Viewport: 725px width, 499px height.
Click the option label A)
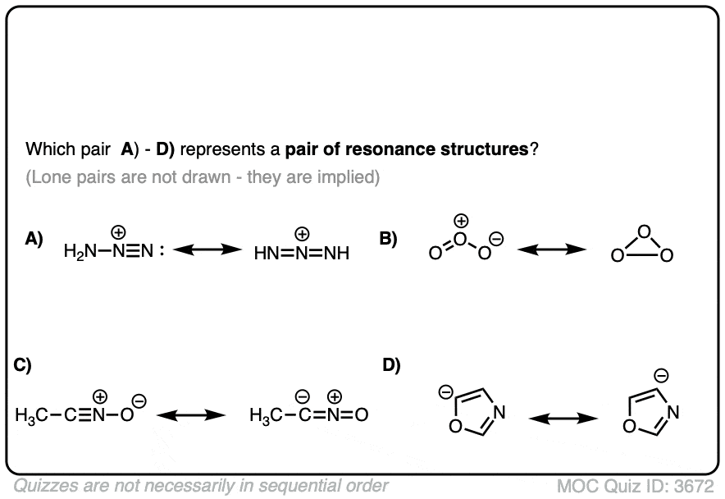[34, 239]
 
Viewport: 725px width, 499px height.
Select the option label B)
[388, 239]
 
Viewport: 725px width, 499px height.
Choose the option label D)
[392, 366]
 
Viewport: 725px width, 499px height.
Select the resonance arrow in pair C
[190, 414]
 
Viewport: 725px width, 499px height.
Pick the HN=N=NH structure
[301, 252]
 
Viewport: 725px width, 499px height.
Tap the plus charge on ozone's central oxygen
[462, 222]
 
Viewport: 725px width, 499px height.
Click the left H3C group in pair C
[30, 415]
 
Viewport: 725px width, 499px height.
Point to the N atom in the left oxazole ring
[499, 411]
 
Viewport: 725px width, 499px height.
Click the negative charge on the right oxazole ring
[660, 376]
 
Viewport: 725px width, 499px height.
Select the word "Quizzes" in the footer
[42, 485]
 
